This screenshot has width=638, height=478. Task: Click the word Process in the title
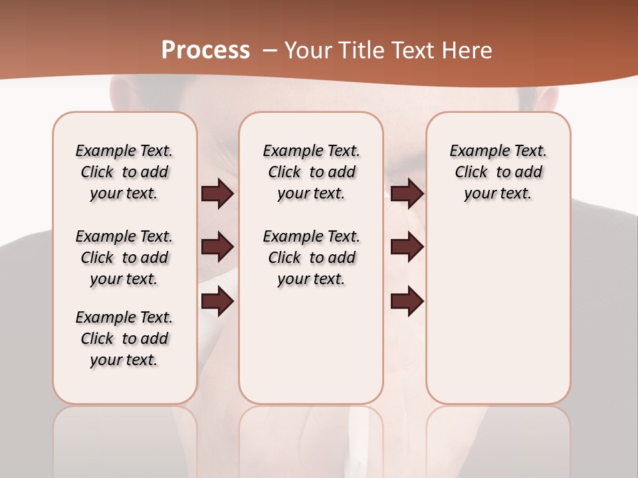coord(205,50)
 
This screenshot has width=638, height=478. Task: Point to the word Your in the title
coord(308,50)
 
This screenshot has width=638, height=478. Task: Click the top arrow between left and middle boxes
coord(217,194)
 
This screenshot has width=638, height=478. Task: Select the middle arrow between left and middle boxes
coord(217,248)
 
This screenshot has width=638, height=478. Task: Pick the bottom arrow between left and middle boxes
coord(217,302)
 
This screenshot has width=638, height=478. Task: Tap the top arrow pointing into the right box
coord(407,194)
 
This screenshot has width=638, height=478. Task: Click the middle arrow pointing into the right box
coord(407,248)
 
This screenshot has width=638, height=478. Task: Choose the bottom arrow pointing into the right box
coord(407,302)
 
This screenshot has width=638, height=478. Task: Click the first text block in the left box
coord(124,172)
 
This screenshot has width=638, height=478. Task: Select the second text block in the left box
coord(124,258)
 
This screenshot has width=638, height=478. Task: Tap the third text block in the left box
coord(124,339)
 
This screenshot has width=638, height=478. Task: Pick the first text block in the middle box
coord(311,172)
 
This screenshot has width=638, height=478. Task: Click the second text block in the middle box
coord(311,258)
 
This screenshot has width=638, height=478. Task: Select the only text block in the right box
coord(498,172)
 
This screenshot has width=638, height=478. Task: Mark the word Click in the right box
coord(471,173)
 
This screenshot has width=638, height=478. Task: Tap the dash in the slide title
coord(270,50)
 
